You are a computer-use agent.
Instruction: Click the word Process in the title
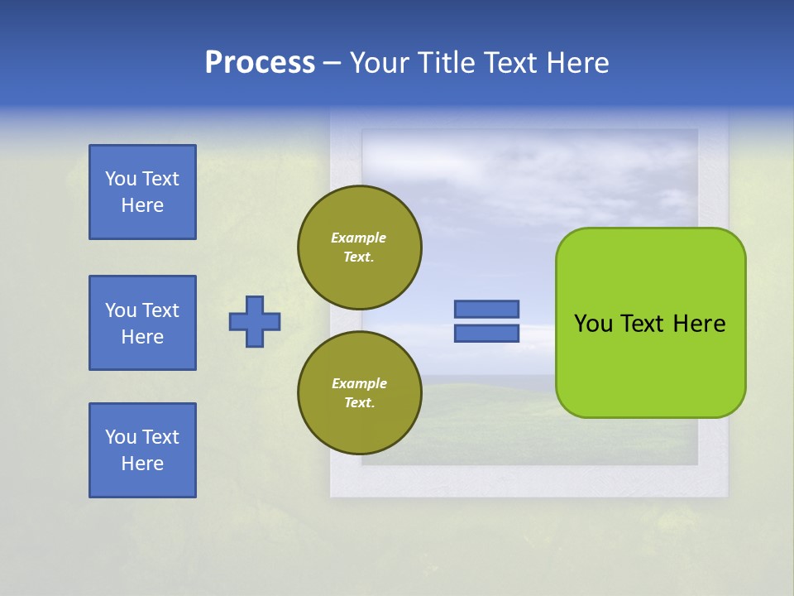(x=260, y=63)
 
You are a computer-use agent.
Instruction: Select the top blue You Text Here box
(x=142, y=192)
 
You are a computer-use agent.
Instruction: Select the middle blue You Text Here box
(x=142, y=323)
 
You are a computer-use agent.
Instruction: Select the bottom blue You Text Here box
(x=142, y=450)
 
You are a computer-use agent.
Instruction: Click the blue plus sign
(x=255, y=321)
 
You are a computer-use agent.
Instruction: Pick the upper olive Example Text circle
(x=359, y=248)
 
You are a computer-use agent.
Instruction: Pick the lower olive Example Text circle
(x=359, y=393)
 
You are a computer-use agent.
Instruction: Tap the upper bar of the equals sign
(x=486, y=309)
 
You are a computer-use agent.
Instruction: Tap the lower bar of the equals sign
(x=486, y=334)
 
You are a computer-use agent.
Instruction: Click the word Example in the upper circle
(x=359, y=238)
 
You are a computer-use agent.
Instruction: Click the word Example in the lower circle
(x=359, y=383)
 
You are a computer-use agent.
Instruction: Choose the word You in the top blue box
(x=120, y=179)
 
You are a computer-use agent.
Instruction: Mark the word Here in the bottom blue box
(x=142, y=464)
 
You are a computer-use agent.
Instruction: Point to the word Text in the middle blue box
(x=160, y=310)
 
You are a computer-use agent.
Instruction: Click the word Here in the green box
(x=699, y=324)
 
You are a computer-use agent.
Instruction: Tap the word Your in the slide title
(x=377, y=63)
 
